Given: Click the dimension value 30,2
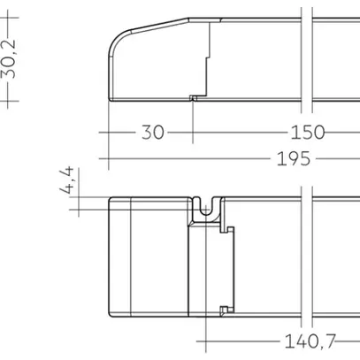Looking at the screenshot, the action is click(x=8, y=59).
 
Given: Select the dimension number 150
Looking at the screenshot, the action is click(x=308, y=133).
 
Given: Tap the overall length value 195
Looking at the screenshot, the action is click(x=294, y=158).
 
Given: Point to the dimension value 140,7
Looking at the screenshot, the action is click(x=310, y=341).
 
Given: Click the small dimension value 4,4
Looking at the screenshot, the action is click(x=67, y=180).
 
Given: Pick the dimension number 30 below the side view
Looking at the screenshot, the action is click(x=152, y=133).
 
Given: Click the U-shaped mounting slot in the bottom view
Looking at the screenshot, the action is click(x=206, y=208).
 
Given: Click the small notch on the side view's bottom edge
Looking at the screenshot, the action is click(x=193, y=98).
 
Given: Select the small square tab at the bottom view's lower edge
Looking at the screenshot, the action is click(x=224, y=310).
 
